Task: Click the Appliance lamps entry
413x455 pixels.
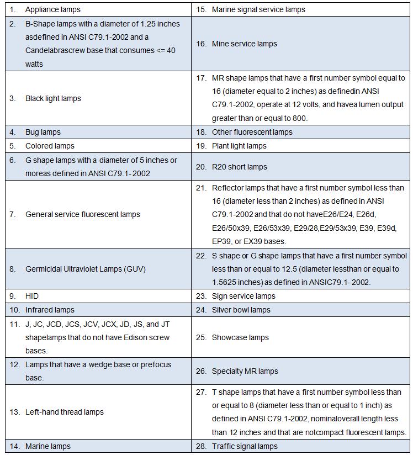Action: (52, 9)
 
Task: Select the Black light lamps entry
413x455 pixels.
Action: (53, 98)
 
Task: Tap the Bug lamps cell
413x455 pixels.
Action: (43, 132)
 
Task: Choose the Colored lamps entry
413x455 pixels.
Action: (50, 146)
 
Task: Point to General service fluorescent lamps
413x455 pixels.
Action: (83, 214)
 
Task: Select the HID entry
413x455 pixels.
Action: (32, 296)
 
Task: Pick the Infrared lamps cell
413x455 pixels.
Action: (50, 310)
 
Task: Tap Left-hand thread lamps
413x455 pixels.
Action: (65, 412)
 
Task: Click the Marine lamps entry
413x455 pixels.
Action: (48, 446)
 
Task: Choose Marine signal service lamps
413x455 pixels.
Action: (258, 9)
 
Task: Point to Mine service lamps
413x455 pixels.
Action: (245, 44)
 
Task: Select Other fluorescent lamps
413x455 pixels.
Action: (252, 132)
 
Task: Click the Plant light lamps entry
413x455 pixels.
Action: (239, 146)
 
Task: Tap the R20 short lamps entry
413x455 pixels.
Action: (240, 167)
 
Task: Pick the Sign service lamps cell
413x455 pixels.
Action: (243, 296)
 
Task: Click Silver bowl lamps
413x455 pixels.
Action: (241, 310)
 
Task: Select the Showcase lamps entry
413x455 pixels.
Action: (240, 337)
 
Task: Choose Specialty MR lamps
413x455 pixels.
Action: (245, 371)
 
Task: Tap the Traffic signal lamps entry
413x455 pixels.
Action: (245, 446)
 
